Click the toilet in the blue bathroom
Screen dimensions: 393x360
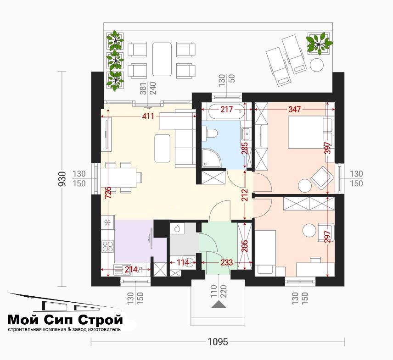click(x=210, y=133)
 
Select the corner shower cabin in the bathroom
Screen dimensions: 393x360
click(x=211, y=158)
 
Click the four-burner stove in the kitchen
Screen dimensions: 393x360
click(x=107, y=246)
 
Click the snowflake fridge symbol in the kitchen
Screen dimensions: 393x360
click(x=107, y=222)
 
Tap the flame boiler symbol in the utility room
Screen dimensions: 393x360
click(x=177, y=228)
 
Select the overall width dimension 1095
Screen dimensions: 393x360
click(x=218, y=342)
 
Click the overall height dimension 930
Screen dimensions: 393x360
click(x=62, y=179)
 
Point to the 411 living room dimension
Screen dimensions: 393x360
click(x=148, y=116)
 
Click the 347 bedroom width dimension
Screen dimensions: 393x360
click(x=294, y=109)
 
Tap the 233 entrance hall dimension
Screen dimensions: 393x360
click(x=227, y=263)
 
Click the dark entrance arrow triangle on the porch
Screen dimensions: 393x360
click(x=219, y=304)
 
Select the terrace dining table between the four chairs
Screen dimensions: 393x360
click(x=162, y=59)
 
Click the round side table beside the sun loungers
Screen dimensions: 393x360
click(x=317, y=65)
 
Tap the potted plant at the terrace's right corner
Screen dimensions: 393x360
click(x=318, y=43)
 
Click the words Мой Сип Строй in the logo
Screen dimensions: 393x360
click(x=65, y=320)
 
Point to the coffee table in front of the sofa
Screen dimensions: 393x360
click(x=163, y=148)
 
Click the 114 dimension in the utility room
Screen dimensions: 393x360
click(x=183, y=263)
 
